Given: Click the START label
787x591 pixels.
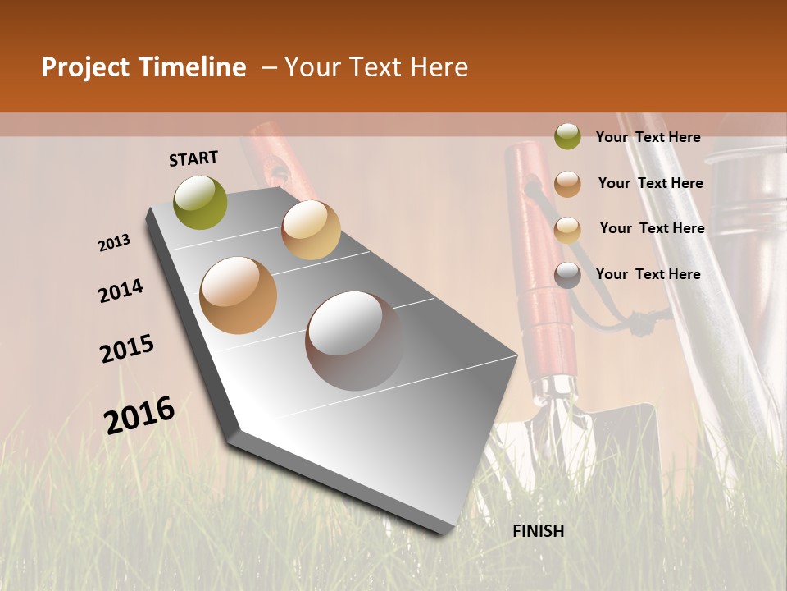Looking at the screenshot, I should pos(193,158).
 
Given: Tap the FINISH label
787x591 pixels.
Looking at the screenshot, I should pos(539,531).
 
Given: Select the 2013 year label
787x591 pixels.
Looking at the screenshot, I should pos(114,243).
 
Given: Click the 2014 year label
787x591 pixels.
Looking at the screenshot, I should pos(121,291).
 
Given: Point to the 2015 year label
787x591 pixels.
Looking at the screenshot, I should pos(127,349).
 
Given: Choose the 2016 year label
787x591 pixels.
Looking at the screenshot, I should pos(139,415).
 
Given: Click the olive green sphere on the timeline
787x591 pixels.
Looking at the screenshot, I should pos(201,202).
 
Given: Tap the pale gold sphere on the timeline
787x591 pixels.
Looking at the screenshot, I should pos(311,230).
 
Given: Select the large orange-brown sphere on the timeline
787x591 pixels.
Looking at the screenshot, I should pos(239,295).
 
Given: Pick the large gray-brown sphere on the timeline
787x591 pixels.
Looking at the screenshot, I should pos(355,341).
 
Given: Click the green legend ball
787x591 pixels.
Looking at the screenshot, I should pos(567,137).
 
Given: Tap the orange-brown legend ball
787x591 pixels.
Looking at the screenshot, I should pos(567,184).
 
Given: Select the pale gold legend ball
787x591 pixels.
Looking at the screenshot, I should pos(567,230).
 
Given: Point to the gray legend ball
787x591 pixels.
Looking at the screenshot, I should pos(567,275).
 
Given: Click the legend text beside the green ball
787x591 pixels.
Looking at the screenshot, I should pos(648,137).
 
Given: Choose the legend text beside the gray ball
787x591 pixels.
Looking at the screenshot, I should pos(648,274).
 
